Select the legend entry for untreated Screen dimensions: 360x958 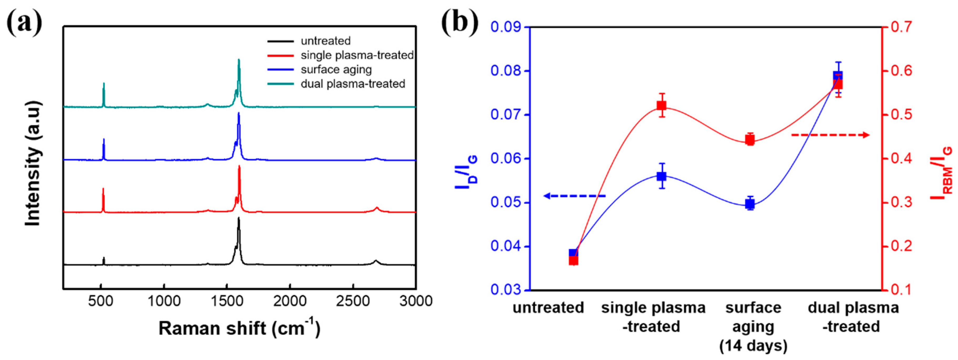tap(325, 41)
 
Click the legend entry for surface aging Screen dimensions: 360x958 tap(336, 70)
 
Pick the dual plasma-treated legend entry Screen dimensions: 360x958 tap(353, 84)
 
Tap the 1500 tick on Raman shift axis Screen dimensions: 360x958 tap(227, 300)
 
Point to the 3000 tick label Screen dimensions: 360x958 tap(416, 300)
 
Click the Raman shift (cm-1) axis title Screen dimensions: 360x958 tap(239, 328)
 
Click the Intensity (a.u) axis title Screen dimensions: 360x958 tap(33, 164)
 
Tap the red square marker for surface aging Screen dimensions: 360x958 tap(750, 140)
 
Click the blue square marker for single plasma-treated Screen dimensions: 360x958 tap(661, 176)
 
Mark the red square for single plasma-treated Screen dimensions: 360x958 tap(661, 106)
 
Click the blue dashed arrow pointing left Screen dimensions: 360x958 tap(575, 196)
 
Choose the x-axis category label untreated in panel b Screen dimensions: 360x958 tap(548, 308)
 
